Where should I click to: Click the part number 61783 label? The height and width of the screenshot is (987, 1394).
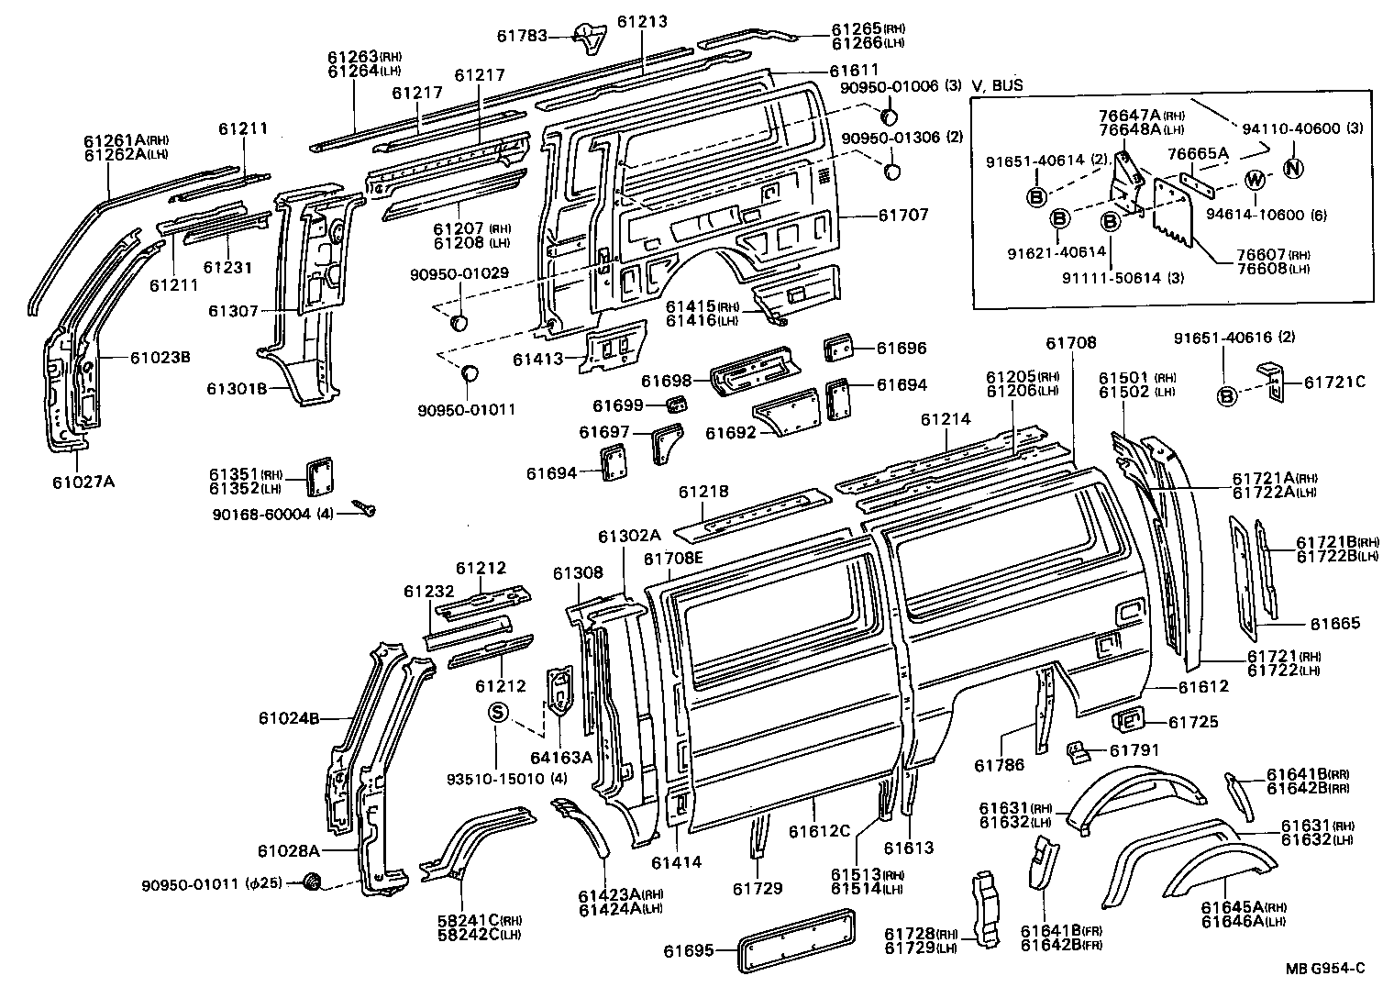tap(522, 37)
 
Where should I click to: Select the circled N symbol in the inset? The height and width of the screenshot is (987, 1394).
tap(1292, 168)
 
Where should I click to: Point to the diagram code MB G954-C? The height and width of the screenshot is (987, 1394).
tap(1324, 968)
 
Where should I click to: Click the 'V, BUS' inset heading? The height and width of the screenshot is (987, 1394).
tap(998, 86)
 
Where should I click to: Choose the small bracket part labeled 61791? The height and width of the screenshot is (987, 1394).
tap(1078, 752)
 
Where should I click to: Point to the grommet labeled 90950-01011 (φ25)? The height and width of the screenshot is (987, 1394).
tap(313, 882)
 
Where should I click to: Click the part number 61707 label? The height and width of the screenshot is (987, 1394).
tap(903, 215)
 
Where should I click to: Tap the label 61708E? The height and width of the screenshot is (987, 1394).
tap(673, 559)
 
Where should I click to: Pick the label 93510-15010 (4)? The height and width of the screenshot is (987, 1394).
tap(506, 779)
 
